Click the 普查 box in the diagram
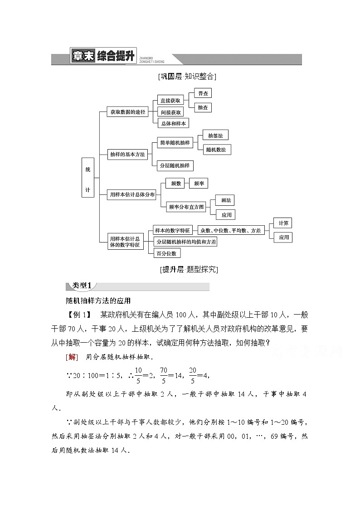203,93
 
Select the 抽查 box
203,107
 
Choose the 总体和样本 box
173,123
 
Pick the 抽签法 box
215,135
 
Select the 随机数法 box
215,149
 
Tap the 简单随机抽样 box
175,142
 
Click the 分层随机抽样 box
175,165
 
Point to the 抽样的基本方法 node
127,154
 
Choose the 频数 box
176,183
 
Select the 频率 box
198,183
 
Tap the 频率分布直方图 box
186,207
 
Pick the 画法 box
225,200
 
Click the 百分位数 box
167,253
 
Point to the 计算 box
283,223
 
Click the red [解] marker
72,357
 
